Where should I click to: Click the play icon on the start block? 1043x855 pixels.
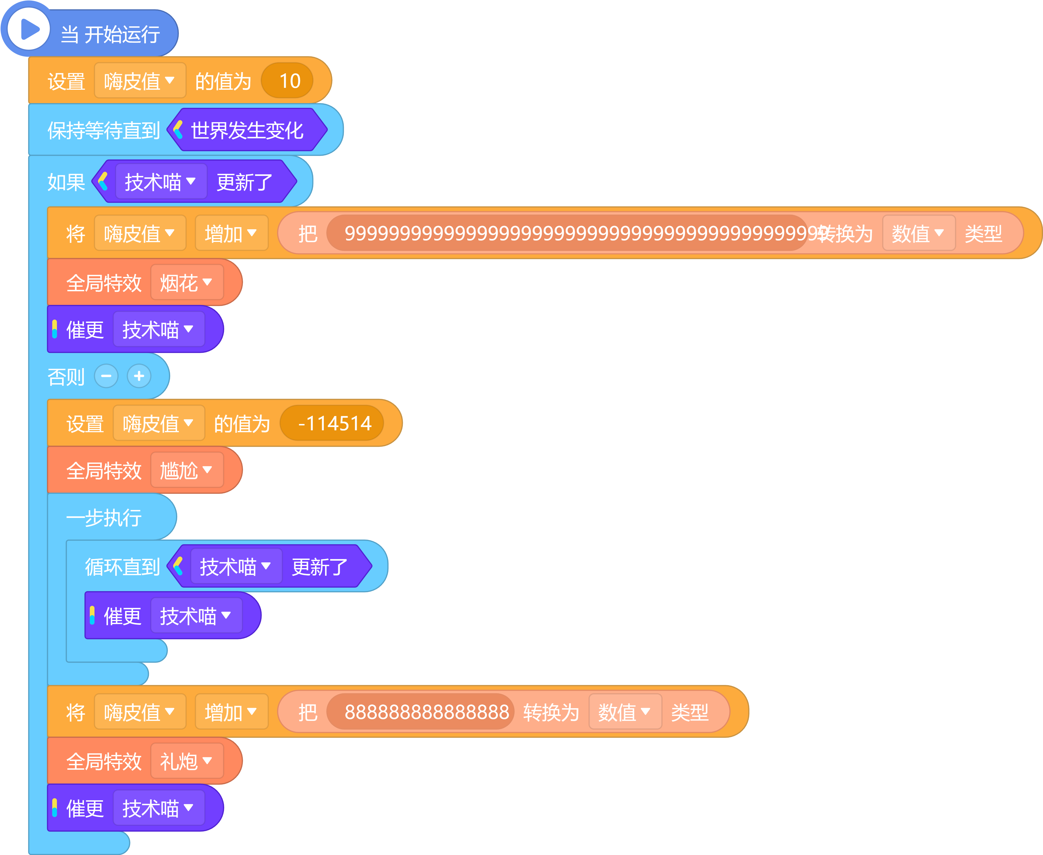coord(30,30)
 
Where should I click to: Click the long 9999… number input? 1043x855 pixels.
coord(567,233)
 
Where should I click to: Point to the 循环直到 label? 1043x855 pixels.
coord(123,566)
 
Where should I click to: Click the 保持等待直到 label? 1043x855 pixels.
coord(103,130)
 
